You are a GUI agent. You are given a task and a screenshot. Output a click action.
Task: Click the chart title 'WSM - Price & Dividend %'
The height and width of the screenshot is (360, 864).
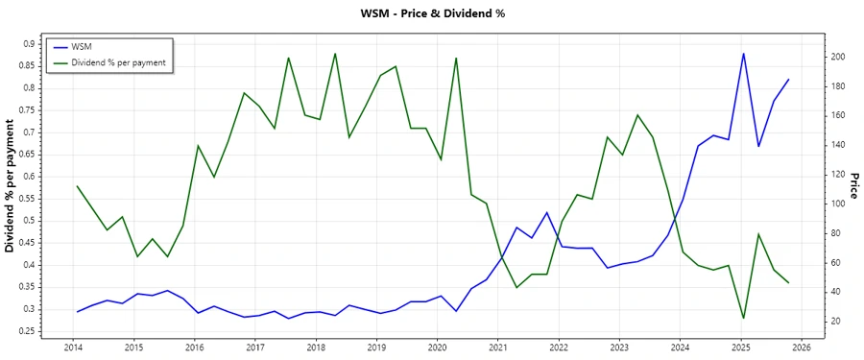pos(431,13)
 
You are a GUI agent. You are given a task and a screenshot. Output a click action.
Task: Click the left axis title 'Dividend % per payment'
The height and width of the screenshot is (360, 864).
pos(11,186)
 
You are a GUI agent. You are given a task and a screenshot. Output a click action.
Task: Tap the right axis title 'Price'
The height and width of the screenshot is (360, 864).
pos(852,186)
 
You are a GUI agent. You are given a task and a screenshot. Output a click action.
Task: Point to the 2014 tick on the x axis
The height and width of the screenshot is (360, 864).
pos(73,348)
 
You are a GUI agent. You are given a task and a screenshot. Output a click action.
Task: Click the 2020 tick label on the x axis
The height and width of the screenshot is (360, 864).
pos(437,348)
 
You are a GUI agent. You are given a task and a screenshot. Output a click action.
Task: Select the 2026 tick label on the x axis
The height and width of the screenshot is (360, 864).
pos(802,348)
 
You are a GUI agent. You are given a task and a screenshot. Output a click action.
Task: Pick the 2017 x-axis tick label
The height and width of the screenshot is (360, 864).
pos(254,348)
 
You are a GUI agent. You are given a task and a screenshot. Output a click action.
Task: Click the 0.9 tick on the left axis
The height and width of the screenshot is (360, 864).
pos(28,43)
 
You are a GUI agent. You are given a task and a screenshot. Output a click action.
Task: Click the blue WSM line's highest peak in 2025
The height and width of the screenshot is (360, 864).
pos(743,54)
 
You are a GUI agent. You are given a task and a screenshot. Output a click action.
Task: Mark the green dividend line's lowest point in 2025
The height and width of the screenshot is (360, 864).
pos(743,318)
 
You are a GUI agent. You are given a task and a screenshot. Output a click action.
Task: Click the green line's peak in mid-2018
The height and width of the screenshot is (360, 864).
pos(334,54)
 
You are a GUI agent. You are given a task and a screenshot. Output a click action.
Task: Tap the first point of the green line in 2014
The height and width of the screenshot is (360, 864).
pos(77,186)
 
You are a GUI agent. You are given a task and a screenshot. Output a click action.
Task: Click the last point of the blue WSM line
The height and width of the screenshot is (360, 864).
pos(788,80)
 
